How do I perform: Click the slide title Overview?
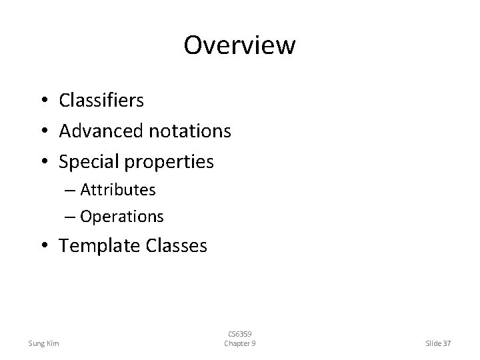(x=239, y=45)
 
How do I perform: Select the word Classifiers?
(x=101, y=100)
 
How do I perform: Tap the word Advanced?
(x=101, y=131)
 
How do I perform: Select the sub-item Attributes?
(x=118, y=190)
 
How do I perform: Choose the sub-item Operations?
(x=122, y=217)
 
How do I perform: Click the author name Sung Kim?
(x=43, y=343)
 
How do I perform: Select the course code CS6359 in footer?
(x=239, y=334)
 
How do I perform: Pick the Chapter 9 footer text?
(x=239, y=343)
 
